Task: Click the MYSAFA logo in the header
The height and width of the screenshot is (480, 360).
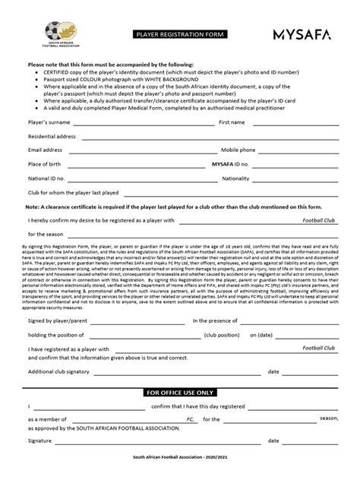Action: pyautogui.click(x=301, y=33)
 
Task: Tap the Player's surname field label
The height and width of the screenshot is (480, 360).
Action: pyautogui.click(x=49, y=122)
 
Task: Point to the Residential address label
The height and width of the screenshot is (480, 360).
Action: pyautogui.click(x=52, y=136)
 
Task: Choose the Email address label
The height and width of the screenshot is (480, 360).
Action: pyautogui.click(x=46, y=150)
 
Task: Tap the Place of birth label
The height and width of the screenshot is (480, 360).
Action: pyautogui.click(x=45, y=164)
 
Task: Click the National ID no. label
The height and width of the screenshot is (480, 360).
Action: pyautogui.click(x=46, y=178)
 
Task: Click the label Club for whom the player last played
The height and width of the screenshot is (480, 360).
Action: pyautogui.click(x=73, y=193)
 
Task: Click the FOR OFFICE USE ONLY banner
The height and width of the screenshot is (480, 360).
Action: pyautogui.click(x=180, y=391)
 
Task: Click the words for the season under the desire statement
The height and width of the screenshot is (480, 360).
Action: pyautogui.click(x=46, y=234)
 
